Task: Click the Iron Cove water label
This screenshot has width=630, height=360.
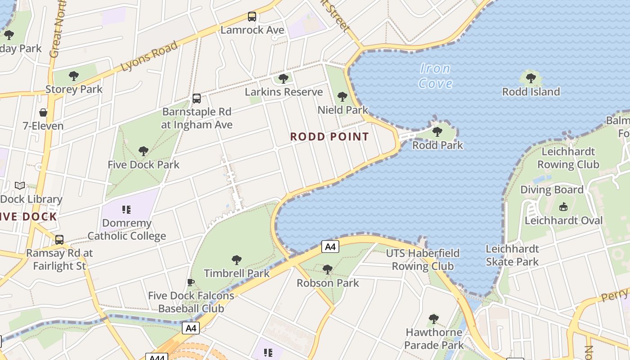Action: [x=435, y=76]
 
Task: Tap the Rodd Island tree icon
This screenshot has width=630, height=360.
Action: [x=531, y=78]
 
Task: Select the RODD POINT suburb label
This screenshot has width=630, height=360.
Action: [x=329, y=137]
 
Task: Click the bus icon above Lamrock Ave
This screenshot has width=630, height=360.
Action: [x=252, y=17]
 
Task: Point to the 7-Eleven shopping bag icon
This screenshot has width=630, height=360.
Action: [x=43, y=112]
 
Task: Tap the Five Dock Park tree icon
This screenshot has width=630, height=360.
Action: [x=144, y=151]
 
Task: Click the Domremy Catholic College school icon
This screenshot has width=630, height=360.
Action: [x=126, y=210]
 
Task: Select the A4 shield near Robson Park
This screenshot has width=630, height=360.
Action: [x=330, y=247]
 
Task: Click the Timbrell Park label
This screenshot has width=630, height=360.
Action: [x=237, y=273]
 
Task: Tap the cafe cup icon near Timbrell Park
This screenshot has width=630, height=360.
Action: [x=191, y=283]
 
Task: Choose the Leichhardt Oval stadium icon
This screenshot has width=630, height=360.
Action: [x=563, y=207]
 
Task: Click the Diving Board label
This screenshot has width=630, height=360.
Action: [x=552, y=189]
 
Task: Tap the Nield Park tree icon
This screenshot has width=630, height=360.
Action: [x=342, y=97]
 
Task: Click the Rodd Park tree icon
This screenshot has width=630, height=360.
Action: [x=437, y=132]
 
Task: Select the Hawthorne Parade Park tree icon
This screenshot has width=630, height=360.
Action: [x=433, y=319]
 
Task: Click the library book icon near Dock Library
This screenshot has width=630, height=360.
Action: [x=20, y=185]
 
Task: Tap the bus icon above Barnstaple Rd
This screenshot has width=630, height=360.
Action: [x=196, y=99]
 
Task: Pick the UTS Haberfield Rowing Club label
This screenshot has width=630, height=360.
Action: [x=423, y=260]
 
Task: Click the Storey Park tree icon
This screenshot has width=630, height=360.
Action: [x=74, y=76]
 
